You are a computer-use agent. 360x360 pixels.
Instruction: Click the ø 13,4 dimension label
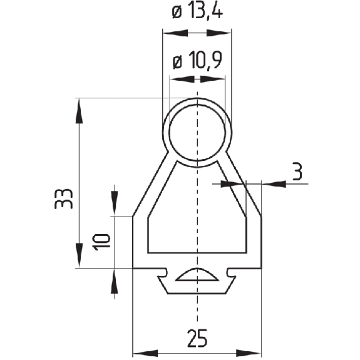tap(197, 13)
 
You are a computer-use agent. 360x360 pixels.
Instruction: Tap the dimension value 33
tap(64, 199)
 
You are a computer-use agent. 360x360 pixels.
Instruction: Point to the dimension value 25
tap(197, 338)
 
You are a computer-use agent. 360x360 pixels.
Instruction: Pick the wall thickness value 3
tap(297, 172)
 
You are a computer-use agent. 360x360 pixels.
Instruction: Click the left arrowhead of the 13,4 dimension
tap(175, 33)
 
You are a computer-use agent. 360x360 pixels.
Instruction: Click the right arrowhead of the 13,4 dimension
tap(219, 33)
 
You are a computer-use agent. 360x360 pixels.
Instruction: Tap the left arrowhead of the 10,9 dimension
tap(182, 80)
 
